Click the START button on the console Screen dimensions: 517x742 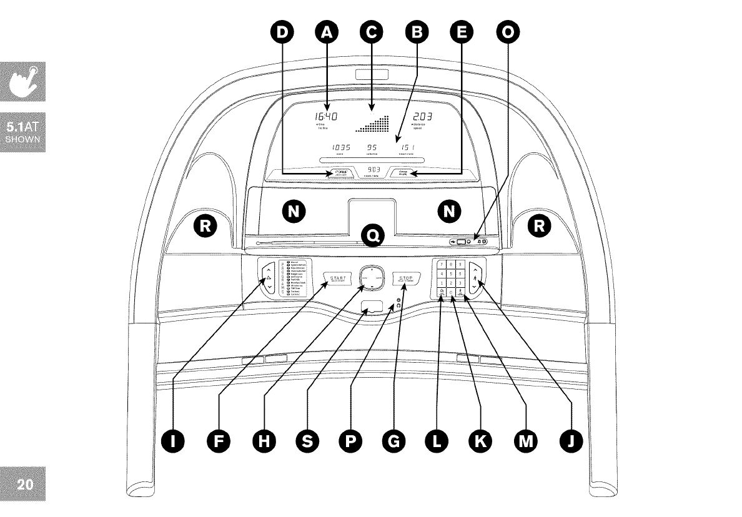click(x=338, y=278)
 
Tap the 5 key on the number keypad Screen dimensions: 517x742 click(x=451, y=273)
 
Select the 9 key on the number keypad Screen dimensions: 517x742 click(x=460, y=265)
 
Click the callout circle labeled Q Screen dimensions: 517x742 click(x=373, y=235)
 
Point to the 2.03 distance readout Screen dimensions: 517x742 click(x=422, y=117)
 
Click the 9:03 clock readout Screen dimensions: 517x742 click(x=373, y=170)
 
